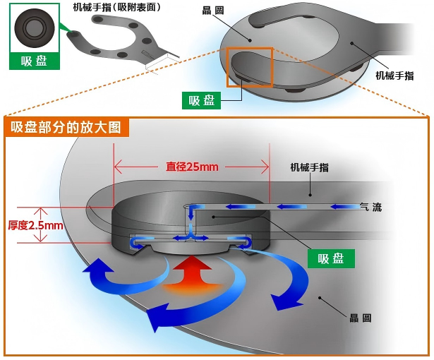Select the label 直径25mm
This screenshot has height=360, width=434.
[192, 167]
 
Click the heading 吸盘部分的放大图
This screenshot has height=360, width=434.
[66, 128]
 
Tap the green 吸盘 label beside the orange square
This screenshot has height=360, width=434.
[201, 100]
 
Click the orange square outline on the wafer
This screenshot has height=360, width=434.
[249, 67]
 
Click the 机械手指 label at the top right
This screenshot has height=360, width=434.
[394, 76]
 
